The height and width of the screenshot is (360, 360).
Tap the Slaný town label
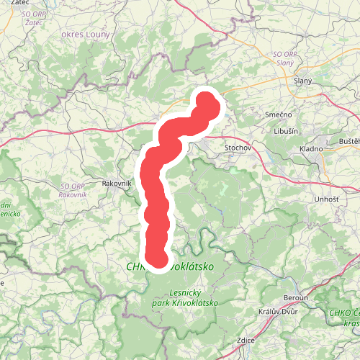pos(303,81)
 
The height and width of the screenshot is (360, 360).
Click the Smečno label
pos(278,114)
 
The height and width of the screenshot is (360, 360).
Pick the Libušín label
pos(287,131)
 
